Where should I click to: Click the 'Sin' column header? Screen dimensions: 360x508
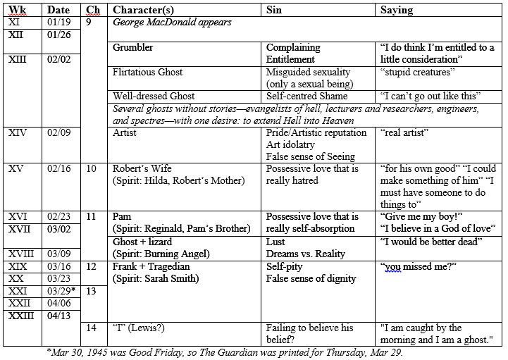click(274, 11)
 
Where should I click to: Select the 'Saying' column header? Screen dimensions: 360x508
click(396, 11)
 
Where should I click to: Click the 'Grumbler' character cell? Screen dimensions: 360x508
click(132, 47)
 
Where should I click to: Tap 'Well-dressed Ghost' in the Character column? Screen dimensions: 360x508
click(154, 96)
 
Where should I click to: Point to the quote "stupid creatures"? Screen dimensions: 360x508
click(416, 72)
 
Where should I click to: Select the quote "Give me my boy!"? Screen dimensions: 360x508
click(419, 217)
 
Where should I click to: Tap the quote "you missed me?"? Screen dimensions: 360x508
click(413, 267)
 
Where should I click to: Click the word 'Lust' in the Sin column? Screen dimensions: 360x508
click(276, 242)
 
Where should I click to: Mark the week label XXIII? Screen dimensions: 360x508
click(22, 315)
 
